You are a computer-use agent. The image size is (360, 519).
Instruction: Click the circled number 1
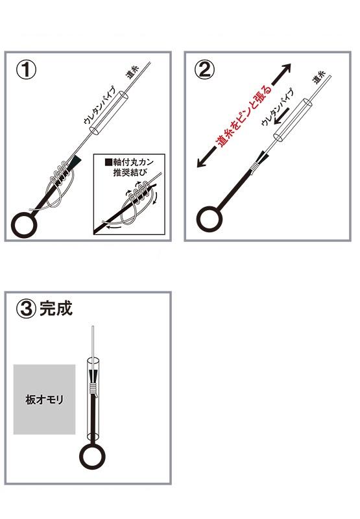pos(26,70)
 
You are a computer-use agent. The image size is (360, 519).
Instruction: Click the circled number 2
pos(204,71)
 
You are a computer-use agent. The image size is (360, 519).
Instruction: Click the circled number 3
pos(26,309)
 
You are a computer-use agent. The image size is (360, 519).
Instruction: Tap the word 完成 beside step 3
pos(56,309)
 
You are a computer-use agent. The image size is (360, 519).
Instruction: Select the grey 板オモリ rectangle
pos(44,399)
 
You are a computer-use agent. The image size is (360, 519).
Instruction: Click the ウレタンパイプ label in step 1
pos(101,105)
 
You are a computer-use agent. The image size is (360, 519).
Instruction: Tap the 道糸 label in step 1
pos(132,72)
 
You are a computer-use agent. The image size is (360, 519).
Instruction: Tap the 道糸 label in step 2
pos(319,77)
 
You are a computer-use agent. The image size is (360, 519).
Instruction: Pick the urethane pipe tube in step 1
pos(108,113)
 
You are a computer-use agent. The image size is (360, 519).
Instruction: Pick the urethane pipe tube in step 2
pos(293,121)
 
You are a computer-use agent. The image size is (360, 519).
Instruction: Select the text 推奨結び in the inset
pos(129,172)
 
